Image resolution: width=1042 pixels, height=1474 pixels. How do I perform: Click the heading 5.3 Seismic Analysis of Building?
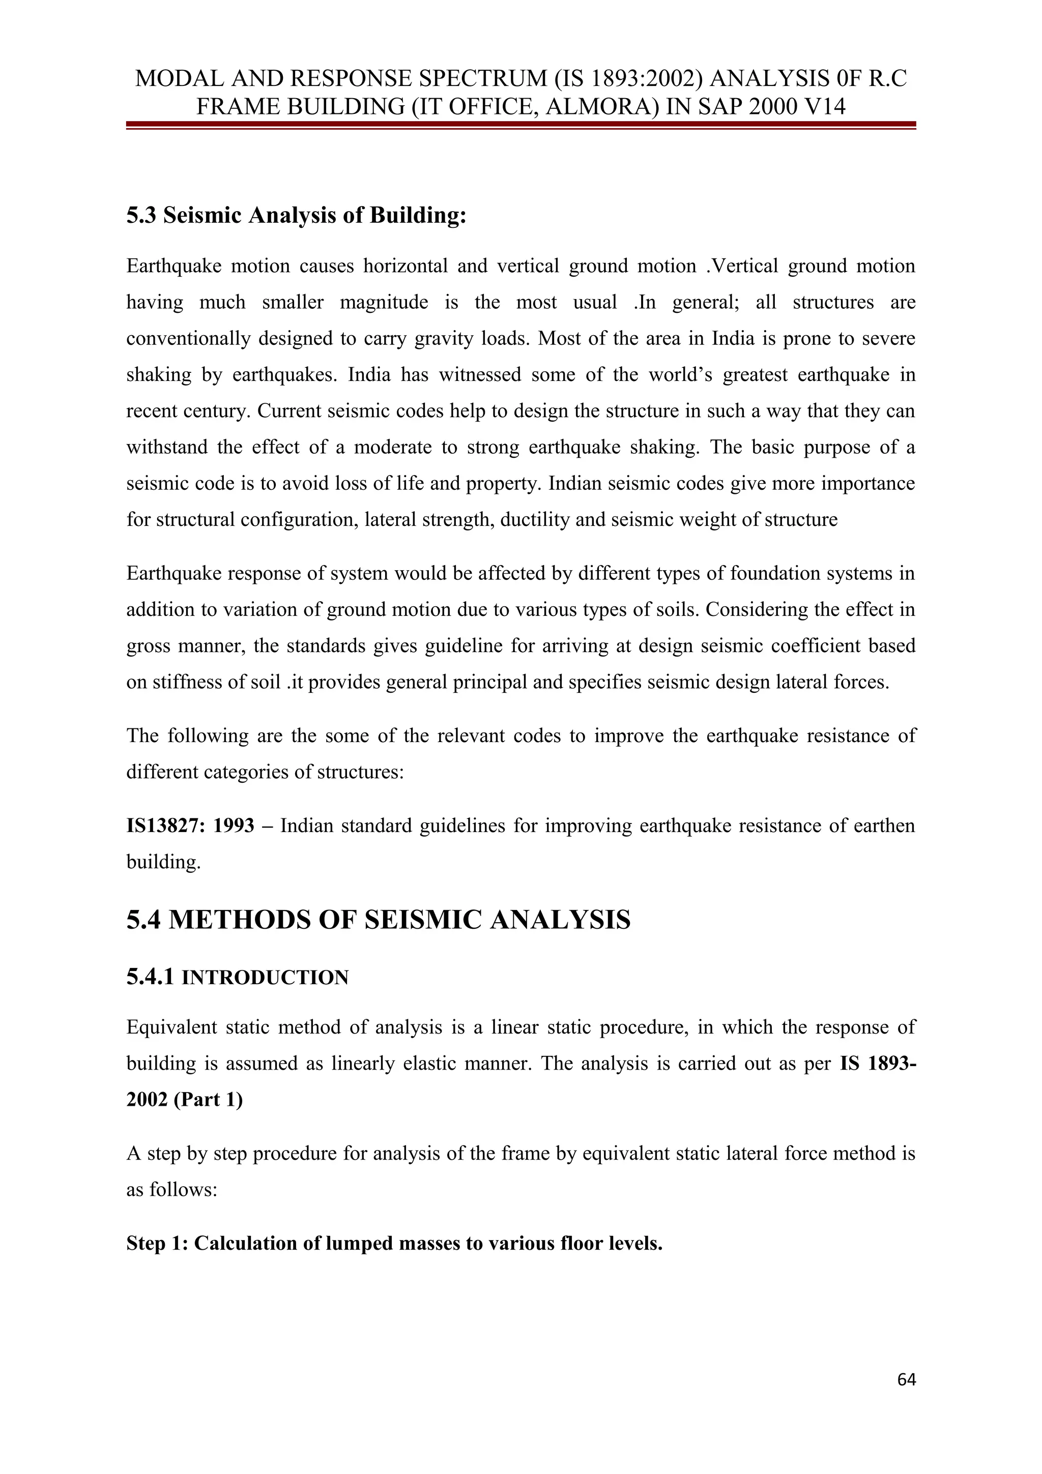[x=296, y=216]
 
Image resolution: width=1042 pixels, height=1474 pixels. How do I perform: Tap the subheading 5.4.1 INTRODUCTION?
[x=238, y=978]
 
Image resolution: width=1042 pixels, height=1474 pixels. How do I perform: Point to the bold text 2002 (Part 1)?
[x=184, y=1100]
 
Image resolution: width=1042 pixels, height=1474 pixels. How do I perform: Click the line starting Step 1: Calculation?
[x=394, y=1244]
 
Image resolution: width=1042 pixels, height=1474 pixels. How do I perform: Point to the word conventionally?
[x=188, y=338]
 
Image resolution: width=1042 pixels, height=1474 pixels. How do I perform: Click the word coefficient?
[x=814, y=646]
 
